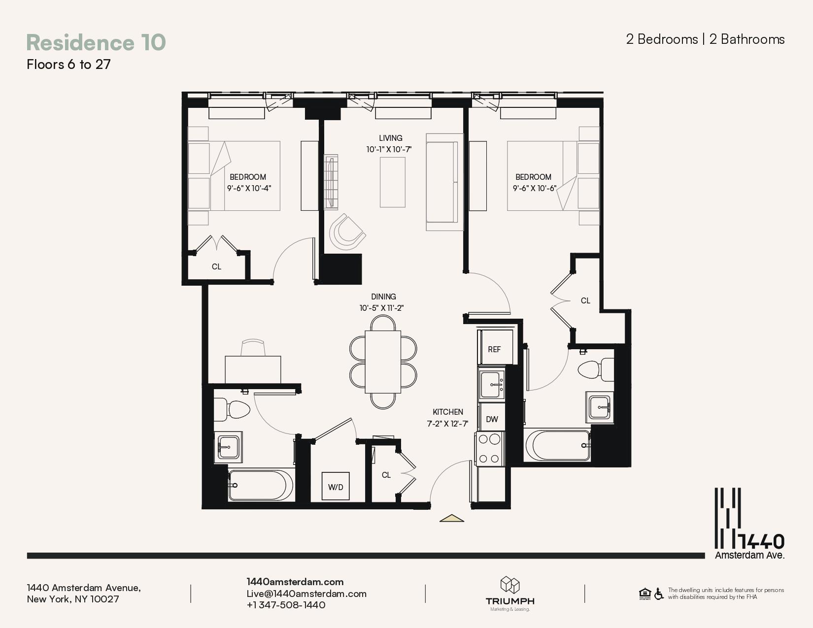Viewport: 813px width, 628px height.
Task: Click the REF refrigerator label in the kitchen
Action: pos(494,349)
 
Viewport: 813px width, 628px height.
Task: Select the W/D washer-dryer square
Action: pos(336,486)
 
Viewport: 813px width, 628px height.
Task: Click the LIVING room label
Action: pos(390,138)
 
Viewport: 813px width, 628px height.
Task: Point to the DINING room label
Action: pos(383,297)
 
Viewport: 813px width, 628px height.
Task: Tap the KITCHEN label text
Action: pos(448,412)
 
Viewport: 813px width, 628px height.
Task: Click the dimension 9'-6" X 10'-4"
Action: pos(249,188)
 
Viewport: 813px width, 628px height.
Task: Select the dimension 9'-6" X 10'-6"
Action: pos(534,188)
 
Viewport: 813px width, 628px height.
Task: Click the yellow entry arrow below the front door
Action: pos(451,518)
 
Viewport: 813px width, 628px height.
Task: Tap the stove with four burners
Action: pos(489,448)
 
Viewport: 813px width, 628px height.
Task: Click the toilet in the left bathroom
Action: pos(233,410)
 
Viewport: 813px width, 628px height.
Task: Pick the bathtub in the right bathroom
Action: pos(558,445)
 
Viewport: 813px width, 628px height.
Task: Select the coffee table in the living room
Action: pos(393,182)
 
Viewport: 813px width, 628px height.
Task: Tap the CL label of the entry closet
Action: pos(386,475)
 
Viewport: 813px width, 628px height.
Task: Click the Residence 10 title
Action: pos(96,42)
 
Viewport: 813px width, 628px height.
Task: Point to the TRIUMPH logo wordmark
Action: pos(510,601)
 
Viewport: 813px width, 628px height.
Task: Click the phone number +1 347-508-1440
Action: pos(286,605)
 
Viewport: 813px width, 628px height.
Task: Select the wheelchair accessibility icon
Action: pos(659,594)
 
